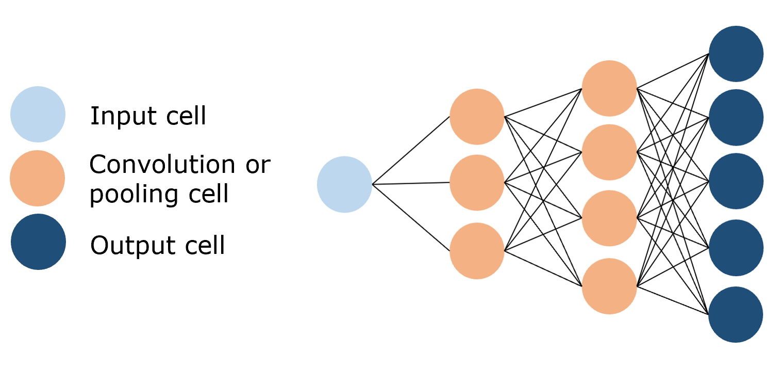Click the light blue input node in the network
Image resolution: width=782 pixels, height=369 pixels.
[344, 184]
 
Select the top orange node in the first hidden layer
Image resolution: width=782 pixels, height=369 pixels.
[477, 117]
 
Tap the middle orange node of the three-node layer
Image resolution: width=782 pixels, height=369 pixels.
[477, 183]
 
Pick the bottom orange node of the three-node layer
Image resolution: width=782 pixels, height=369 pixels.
[477, 251]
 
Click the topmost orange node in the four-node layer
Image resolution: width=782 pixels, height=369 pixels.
[609, 88]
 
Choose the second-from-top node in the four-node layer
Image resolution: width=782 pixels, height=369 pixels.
[609, 152]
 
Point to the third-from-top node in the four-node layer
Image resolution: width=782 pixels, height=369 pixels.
[609, 218]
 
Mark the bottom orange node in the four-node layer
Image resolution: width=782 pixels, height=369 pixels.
[609, 286]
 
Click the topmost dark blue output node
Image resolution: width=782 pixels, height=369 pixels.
[736, 54]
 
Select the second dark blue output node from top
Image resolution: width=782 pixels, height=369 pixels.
[736, 117]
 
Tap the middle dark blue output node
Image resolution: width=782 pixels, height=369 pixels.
[736, 181]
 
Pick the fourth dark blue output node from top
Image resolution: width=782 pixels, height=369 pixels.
[736, 248]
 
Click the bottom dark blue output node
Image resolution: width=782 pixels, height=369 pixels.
[736, 314]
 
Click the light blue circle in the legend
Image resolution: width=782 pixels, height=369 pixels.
[38, 114]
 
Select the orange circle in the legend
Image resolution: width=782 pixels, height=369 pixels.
[38, 178]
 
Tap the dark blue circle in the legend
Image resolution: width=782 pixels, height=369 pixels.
[38, 242]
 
